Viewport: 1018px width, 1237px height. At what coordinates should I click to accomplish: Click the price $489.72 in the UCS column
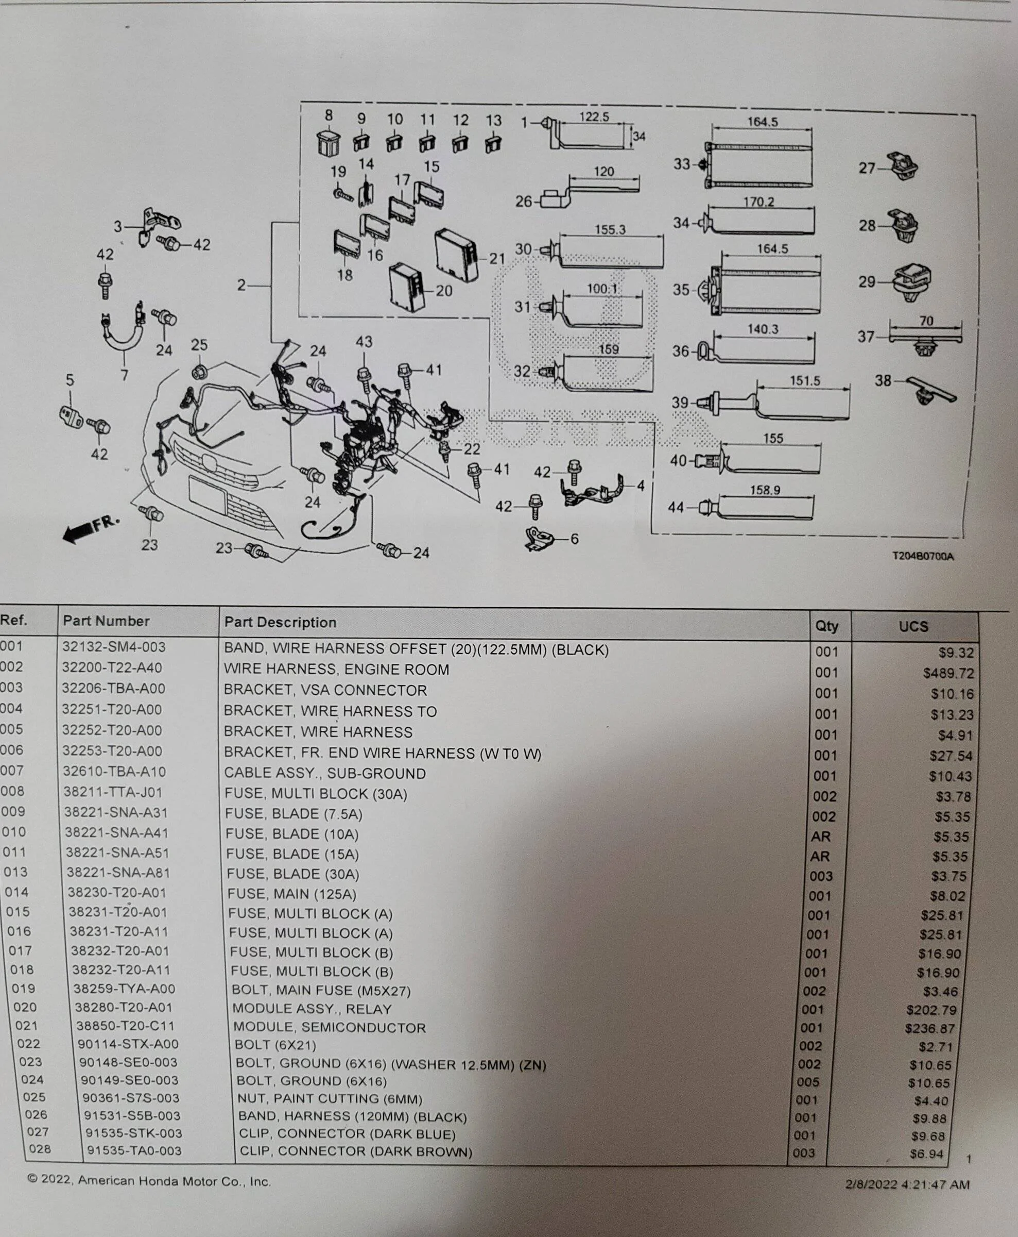948,673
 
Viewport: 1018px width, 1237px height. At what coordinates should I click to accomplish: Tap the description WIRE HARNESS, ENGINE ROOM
337,670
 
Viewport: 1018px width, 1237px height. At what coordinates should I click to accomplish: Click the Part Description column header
280,622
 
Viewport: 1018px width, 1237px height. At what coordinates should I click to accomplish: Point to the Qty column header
826,626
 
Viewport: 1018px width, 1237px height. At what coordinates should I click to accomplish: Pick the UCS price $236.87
938,1029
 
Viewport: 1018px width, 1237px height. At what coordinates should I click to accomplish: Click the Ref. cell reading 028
39,1149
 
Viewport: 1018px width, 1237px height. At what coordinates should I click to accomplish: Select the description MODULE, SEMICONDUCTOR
330,1028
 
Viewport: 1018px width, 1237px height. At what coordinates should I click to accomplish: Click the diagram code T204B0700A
923,556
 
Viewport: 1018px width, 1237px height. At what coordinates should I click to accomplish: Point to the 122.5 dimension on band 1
594,117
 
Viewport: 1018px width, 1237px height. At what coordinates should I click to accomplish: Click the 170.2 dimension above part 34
759,202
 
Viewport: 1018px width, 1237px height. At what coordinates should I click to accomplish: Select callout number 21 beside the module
497,258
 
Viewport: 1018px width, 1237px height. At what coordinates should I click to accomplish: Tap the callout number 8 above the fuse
329,115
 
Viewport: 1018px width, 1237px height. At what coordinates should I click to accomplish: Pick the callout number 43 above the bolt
364,342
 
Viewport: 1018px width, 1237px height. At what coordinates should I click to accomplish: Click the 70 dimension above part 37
926,321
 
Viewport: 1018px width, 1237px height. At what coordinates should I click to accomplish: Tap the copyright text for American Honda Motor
149,1181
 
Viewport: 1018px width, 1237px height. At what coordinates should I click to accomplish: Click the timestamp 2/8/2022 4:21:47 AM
907,1185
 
